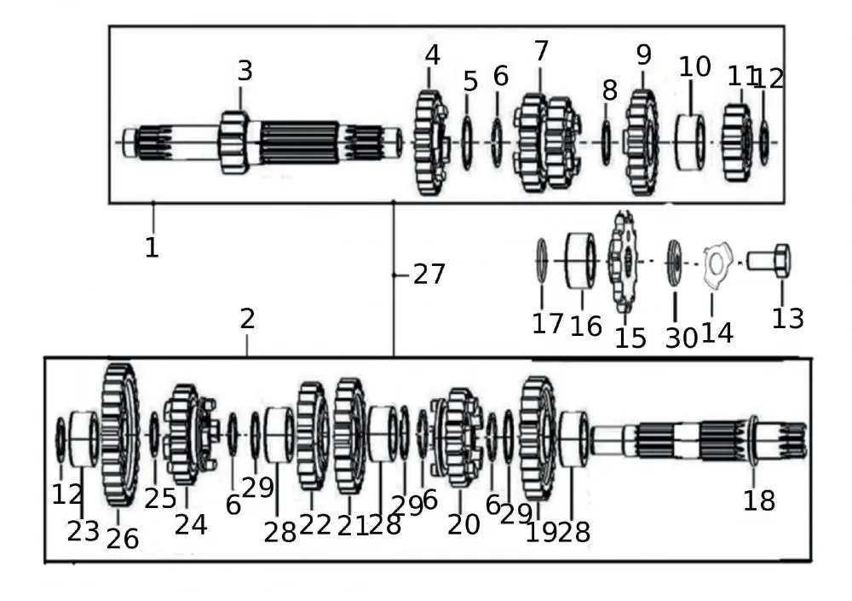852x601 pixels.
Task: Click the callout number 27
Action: [429, 274]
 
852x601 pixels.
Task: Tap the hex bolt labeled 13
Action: [770, 260]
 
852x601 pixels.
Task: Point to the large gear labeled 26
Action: [120, 435]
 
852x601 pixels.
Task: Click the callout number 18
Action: [758, 500]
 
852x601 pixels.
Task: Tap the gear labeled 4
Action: [431, 142]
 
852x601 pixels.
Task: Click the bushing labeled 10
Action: [691, 142]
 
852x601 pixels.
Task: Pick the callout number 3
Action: [245, 71]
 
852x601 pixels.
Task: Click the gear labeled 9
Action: [642, 142]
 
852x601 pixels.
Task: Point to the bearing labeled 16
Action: [580, 260]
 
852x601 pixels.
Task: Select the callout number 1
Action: [152, 248]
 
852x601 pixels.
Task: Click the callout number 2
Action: [247, 320]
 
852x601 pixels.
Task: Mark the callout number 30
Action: [681, 338]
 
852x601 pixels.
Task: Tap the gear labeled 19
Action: [537, 437]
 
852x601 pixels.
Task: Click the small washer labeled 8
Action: [607, 142]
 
